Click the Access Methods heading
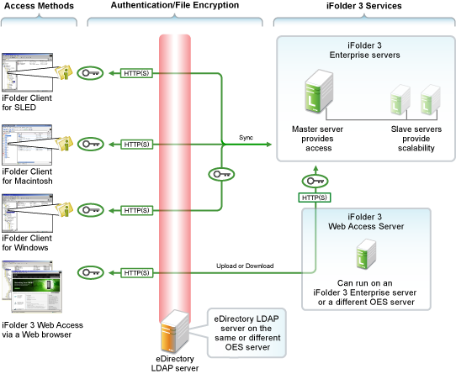coord(39,6)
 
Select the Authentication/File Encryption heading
coord(175,5)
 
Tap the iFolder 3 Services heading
coord(364,6)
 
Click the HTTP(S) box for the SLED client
coord(136,73)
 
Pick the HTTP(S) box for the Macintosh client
coord(136,145)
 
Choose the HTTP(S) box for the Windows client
coord(136,210)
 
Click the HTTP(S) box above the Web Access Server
coord(315,198)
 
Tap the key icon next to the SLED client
coord(90,73)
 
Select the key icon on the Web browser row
coord(91,273)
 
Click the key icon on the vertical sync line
coord(221,174)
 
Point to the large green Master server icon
coord(319,92)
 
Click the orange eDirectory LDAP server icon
coord(175,332)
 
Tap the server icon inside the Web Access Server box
coord(367,254)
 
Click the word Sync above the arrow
coord(246,138)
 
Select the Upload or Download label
coord(245,266)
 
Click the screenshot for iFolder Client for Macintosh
coord(27,145)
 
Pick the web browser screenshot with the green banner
coord(37,292)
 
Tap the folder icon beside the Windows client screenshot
coord(64,209)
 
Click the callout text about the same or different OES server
coord(247,333)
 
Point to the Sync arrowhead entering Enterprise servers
coord(268,144)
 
